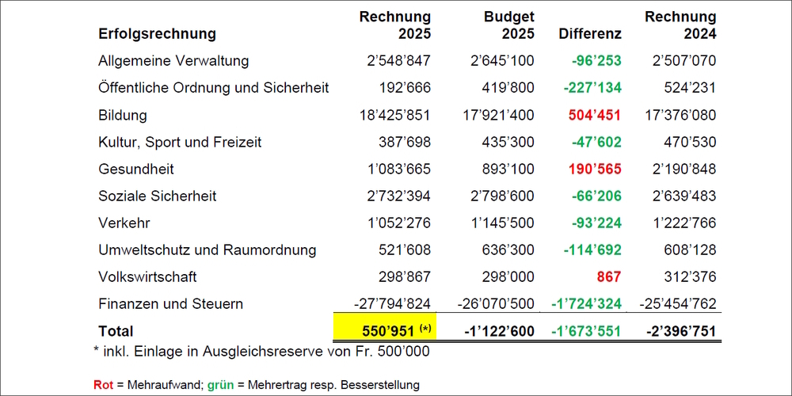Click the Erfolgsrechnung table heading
click(157, 34)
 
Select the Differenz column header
click(590, 34)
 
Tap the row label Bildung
click(123, 115)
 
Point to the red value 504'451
click(595, 115)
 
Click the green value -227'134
click(592, 88)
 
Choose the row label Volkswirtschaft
click(147, 277)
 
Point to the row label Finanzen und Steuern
click(170, 304)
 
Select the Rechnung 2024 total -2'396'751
click(681, 331)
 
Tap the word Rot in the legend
click(103, 385)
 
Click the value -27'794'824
click(392, 304)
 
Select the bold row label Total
click(116, 331)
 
